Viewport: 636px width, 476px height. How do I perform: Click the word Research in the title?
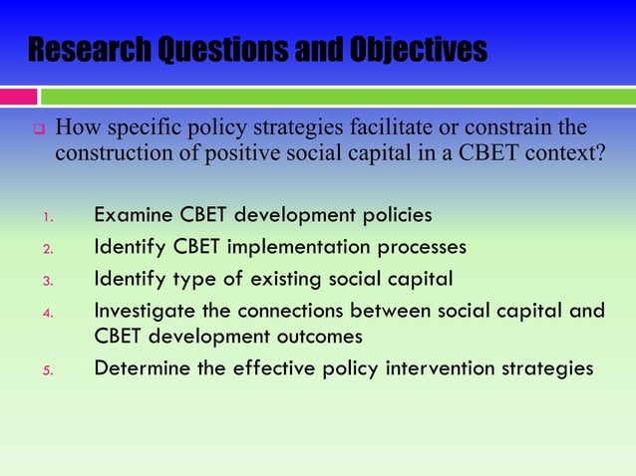pyautogui.click(x=90, y=49)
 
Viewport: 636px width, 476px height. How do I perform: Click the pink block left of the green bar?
pyautogui.click(x=18, y=97)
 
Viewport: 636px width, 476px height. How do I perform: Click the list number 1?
pyautogui.click(x=46, y=217)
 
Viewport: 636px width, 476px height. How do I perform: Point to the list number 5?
pyautogui.click(x=46, y=370)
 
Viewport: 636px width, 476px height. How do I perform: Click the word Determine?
pyautogui.click(x=141, y=368)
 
